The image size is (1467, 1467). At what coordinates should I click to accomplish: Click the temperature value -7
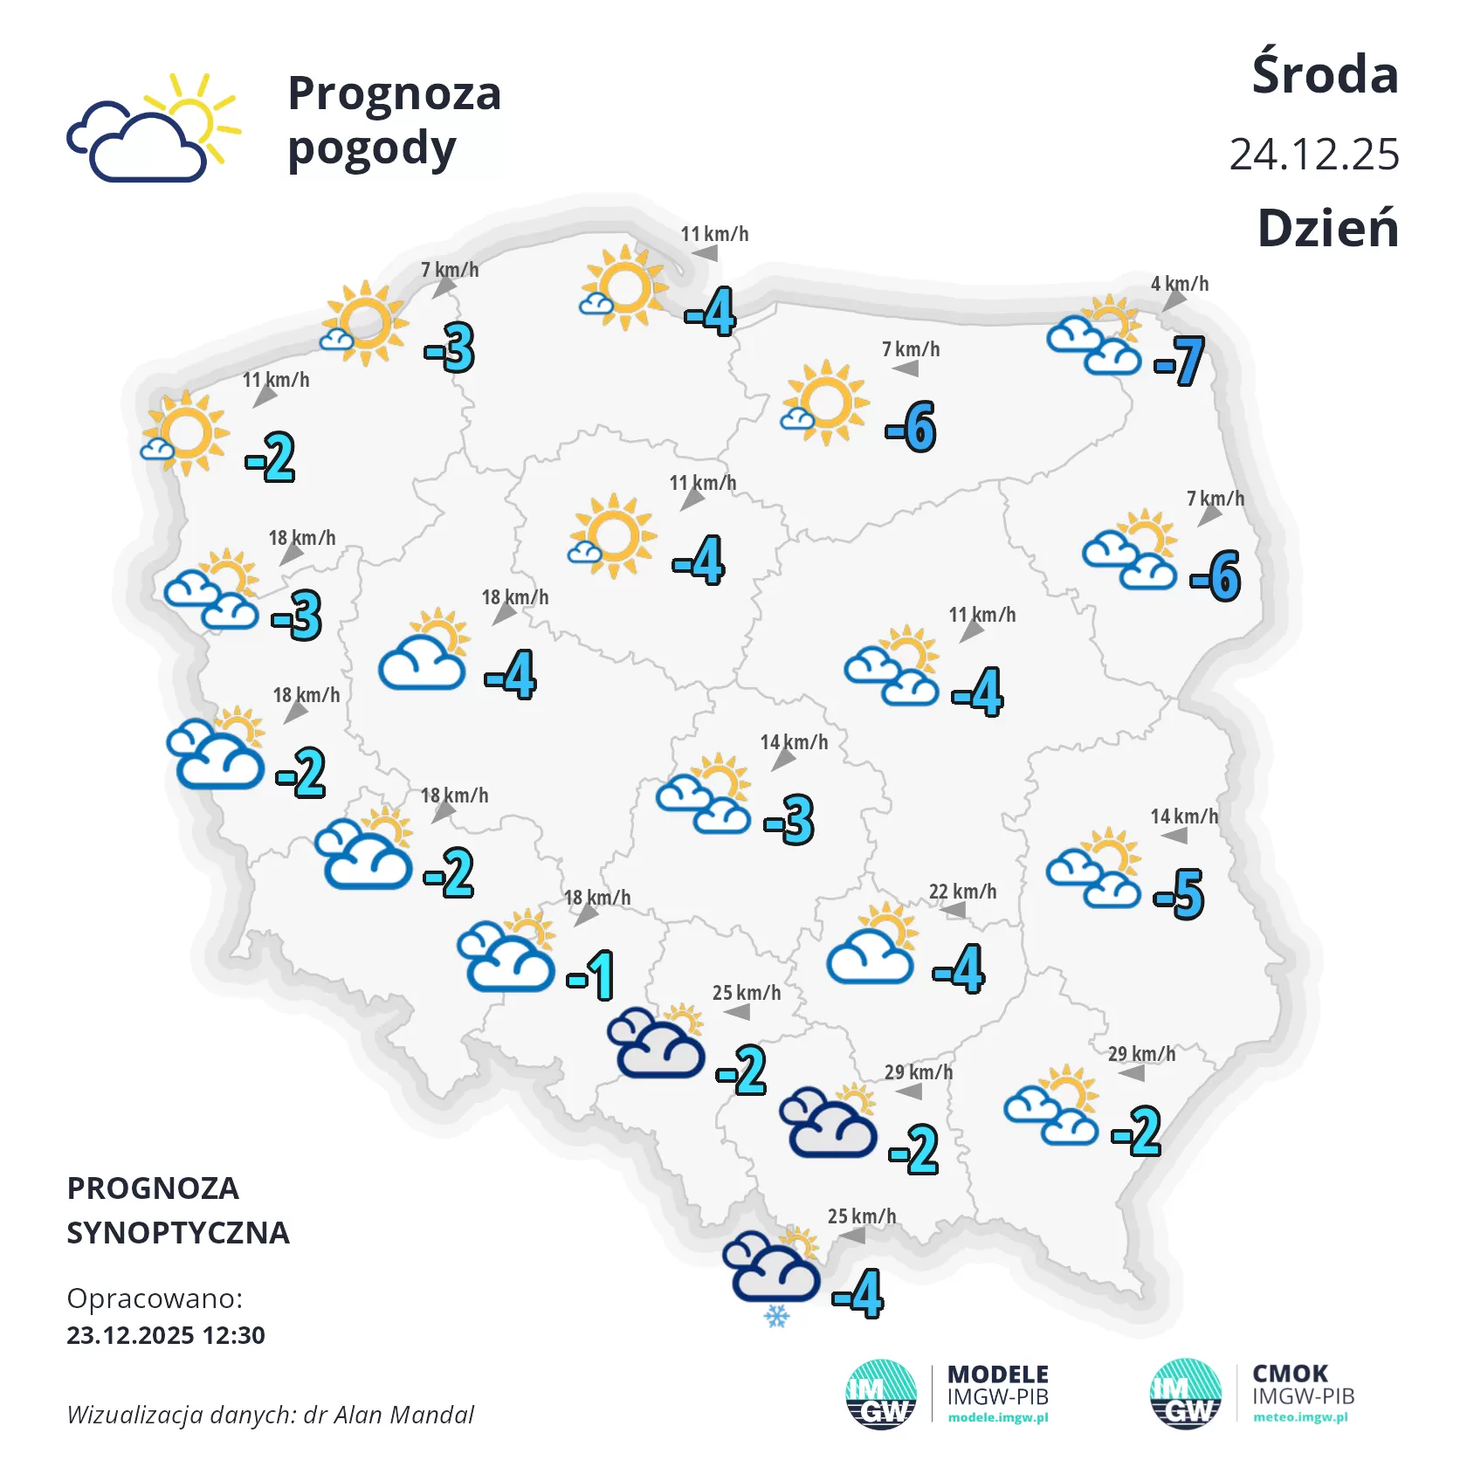(x=1179, y=361)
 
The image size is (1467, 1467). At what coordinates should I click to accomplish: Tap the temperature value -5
(x=1179, y=893)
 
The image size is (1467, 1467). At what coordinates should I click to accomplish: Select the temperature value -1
(x=591, y=975)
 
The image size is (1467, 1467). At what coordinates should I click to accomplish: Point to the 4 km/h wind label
(x=1179, y=284)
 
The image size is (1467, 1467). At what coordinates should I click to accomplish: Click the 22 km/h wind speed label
(x=962, y=892)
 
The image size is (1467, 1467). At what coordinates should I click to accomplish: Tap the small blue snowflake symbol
(x=776, y=1315)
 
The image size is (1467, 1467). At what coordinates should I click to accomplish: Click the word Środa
(x=1325, y=75)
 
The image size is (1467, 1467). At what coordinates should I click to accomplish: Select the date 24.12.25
(x=1313, y=155)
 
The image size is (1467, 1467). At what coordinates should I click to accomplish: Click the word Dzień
(x=1327, y=229)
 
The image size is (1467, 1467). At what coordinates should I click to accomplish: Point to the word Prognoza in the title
(x=394, y=93)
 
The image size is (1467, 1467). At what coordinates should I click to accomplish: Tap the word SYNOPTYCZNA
(x=178, y=1233)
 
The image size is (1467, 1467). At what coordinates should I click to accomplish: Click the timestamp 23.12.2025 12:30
(x=166, y=1335)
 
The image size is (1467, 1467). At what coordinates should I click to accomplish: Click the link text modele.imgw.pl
(x=997, y=1417)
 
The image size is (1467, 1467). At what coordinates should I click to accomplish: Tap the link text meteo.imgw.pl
(x=1300, y=1417)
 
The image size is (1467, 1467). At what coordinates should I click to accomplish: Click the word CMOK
(x=1290, y=1374)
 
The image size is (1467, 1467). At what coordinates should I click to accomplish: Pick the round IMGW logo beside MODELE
(x=881, y=1395)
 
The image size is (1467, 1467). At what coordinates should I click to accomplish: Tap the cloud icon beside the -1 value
(x=506, y=957)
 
